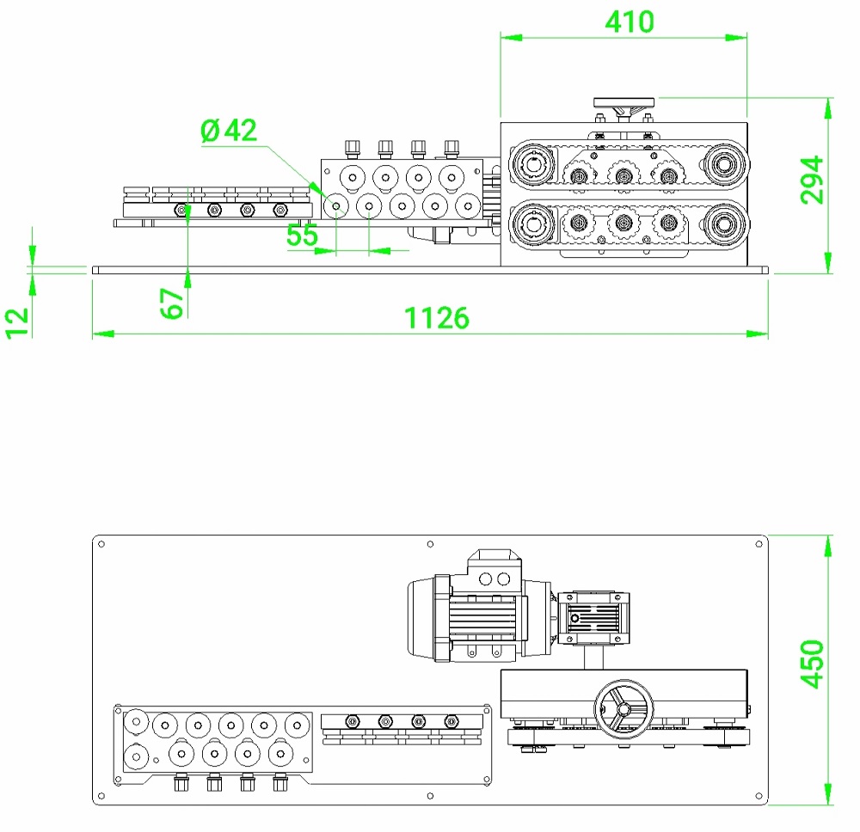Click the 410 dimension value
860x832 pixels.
(629, 21)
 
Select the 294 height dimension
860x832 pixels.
(813, 180)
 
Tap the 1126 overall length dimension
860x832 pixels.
(438, 318)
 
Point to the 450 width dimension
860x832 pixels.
(813, 663)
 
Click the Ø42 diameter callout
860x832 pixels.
(229, 131)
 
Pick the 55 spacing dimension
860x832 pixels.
(302, 236)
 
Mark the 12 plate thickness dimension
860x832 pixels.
(18, 321)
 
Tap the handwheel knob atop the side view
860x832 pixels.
(624, 103)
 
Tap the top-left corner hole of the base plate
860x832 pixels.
(101, 544)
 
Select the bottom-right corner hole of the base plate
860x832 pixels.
(759, 795)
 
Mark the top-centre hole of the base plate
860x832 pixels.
(430, 543)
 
